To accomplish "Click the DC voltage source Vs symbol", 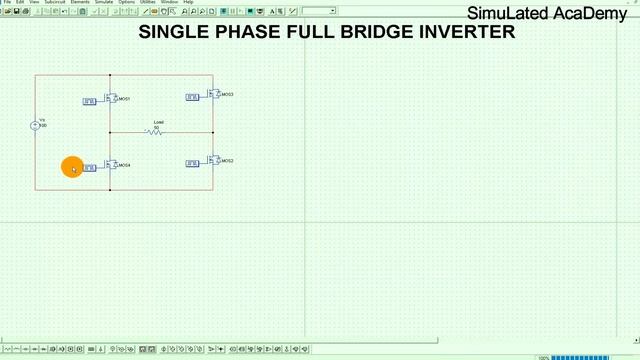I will pos(34,125).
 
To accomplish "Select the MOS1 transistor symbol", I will pos(112,99).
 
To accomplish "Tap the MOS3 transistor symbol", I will pos(213,94).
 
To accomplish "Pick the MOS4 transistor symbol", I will pos(112,165).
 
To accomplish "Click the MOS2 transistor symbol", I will pos(213,160).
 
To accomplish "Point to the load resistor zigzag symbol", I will pos(156,131).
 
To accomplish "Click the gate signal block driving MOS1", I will pos(89,101).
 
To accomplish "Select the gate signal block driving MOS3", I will pos(193,97).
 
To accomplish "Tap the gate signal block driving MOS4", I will pos(89,167).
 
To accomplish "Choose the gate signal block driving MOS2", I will pos(193,163).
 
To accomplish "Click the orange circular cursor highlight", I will pos(71,167).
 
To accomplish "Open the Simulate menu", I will pos(103,3).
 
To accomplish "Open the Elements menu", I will pos(79,3).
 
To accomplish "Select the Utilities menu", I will pos(147,3).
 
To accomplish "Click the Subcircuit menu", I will pos(55,3).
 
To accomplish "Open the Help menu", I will pos(187,3).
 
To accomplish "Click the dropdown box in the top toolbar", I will pos(318,11).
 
